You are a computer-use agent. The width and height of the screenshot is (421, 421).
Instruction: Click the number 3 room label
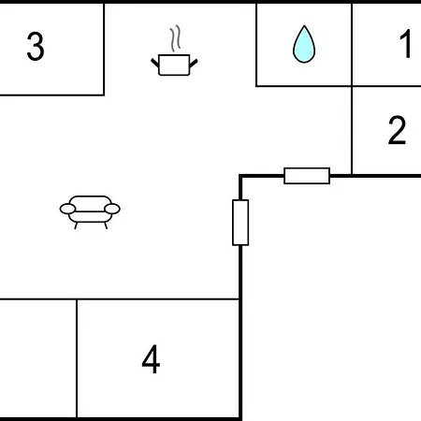point(36,46)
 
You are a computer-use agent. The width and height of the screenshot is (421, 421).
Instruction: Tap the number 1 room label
point(406,44)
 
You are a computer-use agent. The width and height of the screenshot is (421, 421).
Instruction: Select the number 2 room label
point(397,130)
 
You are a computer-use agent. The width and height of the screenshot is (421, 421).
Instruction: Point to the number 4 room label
point(151,359)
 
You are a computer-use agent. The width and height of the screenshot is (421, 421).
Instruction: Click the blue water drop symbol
point(304,44)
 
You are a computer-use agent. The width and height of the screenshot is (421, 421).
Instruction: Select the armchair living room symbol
point(90,212)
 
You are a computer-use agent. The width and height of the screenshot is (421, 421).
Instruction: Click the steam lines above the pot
point(175,38)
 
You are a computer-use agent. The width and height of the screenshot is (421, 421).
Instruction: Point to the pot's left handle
point(155,63)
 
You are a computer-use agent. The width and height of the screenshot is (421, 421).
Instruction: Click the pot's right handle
point(194,64)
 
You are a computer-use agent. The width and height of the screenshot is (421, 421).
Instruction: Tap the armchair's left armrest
point(67,209)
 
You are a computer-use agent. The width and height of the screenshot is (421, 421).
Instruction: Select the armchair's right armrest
point(112,209)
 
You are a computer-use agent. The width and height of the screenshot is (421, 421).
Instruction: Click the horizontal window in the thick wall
point(307,176)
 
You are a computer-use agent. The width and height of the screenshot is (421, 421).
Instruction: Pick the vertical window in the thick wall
point(240,223)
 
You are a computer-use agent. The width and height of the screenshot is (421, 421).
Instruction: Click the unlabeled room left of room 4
point(38,358)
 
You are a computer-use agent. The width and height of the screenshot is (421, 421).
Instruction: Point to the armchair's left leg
point(76,225)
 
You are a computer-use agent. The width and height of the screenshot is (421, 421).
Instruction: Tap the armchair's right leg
point(106,225)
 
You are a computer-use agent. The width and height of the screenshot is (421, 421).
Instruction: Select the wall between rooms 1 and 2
point(386,86)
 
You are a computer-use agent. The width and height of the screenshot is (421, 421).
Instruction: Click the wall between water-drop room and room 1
point(352,45)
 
